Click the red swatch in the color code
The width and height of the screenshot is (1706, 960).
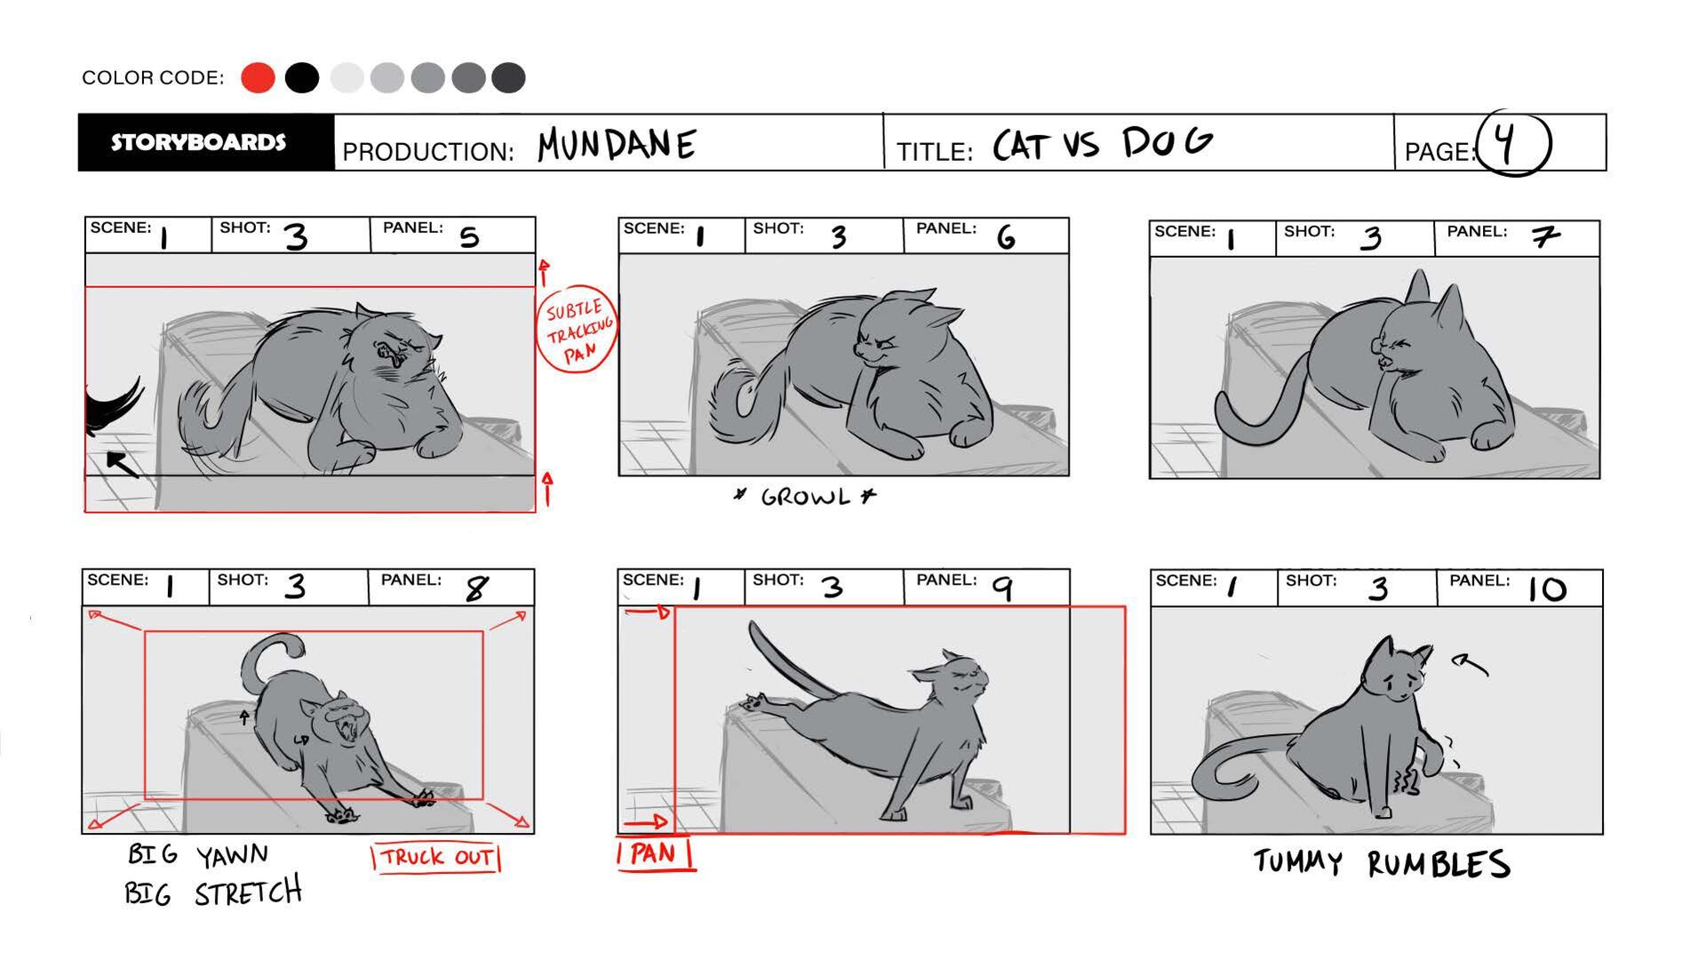258,77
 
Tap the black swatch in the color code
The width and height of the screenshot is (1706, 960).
302,77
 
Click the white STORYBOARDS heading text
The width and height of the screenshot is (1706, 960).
198,142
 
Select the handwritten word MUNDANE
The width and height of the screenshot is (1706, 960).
616,144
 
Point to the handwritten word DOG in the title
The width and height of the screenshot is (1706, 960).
1167,141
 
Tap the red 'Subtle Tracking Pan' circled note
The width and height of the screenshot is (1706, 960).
577,329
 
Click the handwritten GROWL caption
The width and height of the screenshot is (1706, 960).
805,497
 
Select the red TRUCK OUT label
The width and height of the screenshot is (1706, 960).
436,858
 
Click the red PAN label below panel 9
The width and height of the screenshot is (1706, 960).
655,854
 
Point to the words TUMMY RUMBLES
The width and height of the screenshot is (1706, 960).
1382,863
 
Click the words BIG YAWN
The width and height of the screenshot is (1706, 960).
197,855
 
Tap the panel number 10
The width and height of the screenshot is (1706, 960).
1547,589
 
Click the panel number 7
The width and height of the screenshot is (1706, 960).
1545,237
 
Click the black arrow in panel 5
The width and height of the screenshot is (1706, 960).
123,464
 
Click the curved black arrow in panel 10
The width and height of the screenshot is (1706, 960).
1470,662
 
